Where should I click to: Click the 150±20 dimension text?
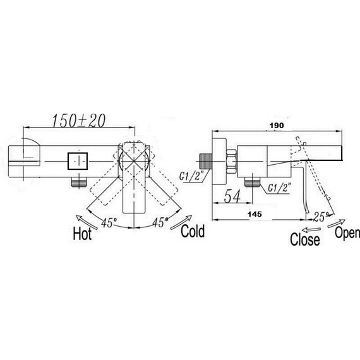(x=79, y=121)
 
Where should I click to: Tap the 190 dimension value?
(x=277, y=126)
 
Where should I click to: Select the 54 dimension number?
(x=232, y=196)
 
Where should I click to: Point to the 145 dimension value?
(x=255, y=214)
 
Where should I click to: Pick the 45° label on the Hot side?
(x=109, y=222)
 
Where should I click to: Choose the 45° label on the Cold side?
(x=160, y=222)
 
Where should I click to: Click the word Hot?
(x=82, y=234)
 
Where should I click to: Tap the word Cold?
(x=193, y=231)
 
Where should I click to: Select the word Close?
(x=304, y=239)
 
